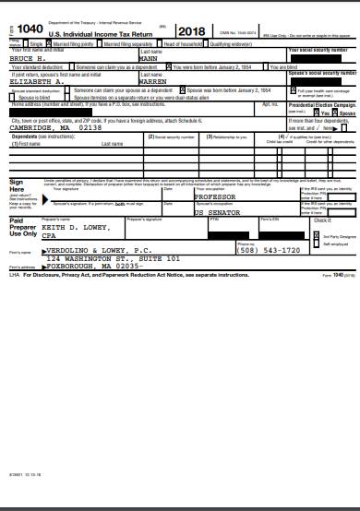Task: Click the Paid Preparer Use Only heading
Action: click(x=23, y=228)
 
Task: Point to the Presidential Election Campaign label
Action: click(x=322, y=107)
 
